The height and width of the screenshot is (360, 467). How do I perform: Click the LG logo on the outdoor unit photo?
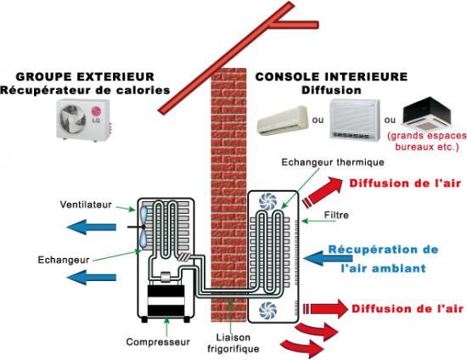click(96, 115)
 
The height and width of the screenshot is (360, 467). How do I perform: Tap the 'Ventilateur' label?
click(86, 205)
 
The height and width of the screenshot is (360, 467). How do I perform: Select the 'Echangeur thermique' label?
click(333, 162)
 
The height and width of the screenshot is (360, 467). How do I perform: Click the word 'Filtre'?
click(336, 215)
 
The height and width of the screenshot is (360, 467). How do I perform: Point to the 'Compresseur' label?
click(158, 342)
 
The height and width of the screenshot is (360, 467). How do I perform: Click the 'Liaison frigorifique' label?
click(233, 343)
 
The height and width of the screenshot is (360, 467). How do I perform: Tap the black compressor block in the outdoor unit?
click(166, 301)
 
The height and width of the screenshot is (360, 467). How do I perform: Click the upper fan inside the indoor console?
click(267, 201)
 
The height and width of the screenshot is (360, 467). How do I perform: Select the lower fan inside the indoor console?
click(267, 311)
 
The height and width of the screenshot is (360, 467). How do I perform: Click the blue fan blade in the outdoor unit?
click(143, 227)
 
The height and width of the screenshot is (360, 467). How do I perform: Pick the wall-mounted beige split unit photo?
click(283, 121)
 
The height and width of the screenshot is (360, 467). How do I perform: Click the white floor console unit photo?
click(355, 120)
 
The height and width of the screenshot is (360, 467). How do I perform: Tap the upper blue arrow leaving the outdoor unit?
click(92, 228)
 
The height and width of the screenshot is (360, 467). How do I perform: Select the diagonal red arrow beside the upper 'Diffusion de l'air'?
click(323, 190)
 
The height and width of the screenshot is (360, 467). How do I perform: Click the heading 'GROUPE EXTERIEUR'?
click(85, 76)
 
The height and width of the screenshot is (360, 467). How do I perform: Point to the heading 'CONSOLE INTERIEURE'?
click(331, 76)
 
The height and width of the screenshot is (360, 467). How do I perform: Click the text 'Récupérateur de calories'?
click(85, 90)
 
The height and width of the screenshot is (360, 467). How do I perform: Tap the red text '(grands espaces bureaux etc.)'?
click(426, 141)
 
